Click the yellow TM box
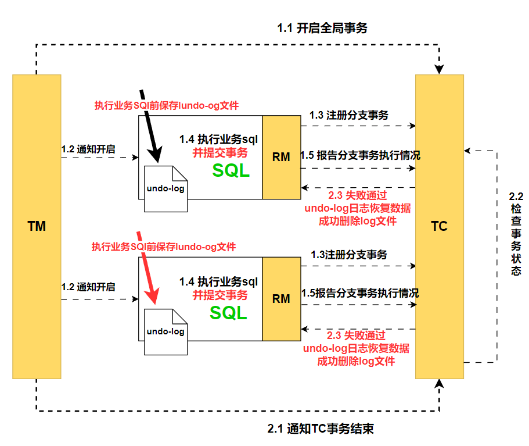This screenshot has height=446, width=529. pyautogui.click(x=37, y=226)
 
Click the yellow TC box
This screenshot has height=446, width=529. pyautogui.click(x=440, y=226)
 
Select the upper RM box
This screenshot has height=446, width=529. pyautogui.click(x=281, y=157)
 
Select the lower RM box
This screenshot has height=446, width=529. pyautogui.click(x=281, y=299)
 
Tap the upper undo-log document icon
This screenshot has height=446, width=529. pyautogui.click(x=165, y=189)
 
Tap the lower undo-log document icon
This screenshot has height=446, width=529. pyautogui.click(x=165, y=331)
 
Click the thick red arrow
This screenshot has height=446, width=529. pyautogui.click(x=149, y=267)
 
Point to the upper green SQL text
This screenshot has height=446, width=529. pyautogui.click(x=231, y=170)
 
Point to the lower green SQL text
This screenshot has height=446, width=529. pyautogui.click(x=228, y=312)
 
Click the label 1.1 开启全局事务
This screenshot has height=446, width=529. pyautogui.click(x=323, y=28)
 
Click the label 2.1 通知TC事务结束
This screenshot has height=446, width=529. pyautogui.click(x=321, y=429)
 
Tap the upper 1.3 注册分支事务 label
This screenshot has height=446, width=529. pyautogui.click(x=348, y=115)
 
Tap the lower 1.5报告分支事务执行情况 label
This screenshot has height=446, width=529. pyautogui.click(x=359, y=293)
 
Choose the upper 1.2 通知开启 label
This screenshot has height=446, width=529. pyautogui.click(x=88, y=149)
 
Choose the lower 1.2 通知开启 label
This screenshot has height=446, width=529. pyautogui.click(x=88, y=287)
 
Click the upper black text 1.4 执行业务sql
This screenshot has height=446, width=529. pyautogui.click(x=218, y=140)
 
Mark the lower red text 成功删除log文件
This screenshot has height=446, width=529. pyautogui.click(x=356, y=361)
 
